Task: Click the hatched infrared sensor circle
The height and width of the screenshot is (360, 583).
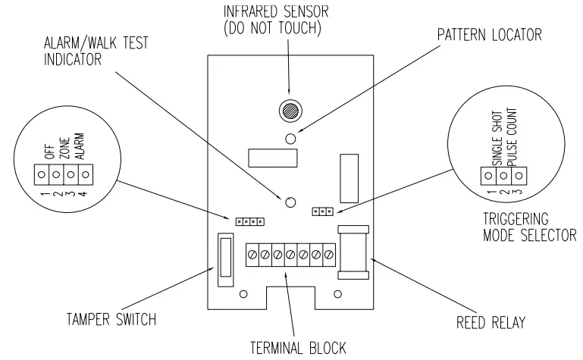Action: tap(290, 108)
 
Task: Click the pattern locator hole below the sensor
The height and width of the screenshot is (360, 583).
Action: tap(290, 138)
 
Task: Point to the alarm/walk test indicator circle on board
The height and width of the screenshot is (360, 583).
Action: tap(290, 202)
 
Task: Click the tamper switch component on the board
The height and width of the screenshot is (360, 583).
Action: tap(225, 261)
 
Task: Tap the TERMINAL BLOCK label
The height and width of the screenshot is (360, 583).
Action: tap(298, 348)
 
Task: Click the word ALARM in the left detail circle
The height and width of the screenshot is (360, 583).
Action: tap(79, 144)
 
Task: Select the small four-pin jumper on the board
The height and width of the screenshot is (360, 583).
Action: tap(249, 221)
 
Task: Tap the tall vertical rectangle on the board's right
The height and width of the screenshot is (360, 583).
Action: tap(348, 177)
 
